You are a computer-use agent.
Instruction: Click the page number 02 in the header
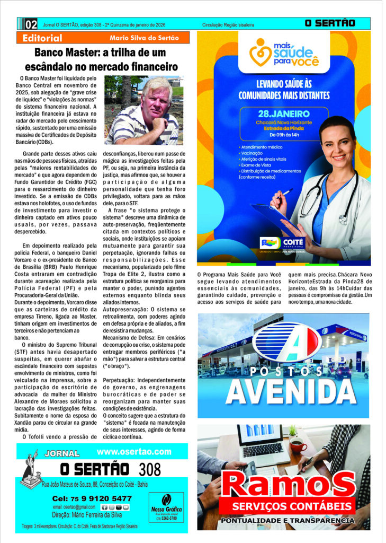coord(31,24)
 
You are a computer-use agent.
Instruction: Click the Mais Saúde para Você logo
coord(284,53)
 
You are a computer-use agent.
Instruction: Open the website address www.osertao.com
coord(134,452)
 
